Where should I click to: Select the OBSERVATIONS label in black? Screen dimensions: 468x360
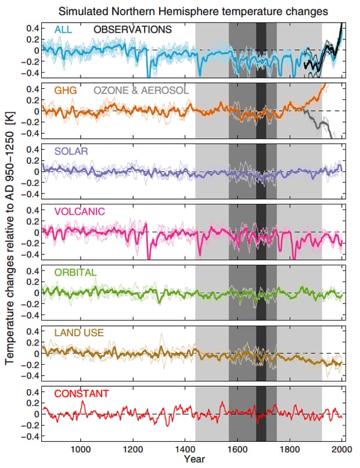click(133, 29)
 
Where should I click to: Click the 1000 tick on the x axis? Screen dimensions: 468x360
click(81, 449)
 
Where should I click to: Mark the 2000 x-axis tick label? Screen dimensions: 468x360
click(341, 449)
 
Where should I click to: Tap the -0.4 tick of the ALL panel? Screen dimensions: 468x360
click(30, 73)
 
